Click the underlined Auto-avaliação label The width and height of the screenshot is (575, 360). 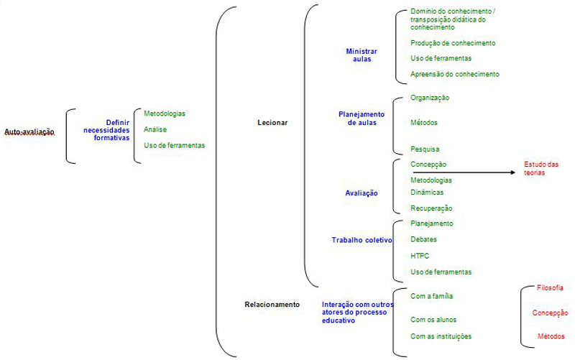[29, 132]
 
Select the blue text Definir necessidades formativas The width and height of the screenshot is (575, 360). [106, 130]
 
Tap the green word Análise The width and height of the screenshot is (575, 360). [155, 129]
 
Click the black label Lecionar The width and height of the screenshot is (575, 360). [272, 123]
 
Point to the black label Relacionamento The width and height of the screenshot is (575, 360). [272, 304]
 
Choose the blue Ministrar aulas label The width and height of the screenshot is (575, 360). [362, 55]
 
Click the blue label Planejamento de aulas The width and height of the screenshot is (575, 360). [362, 119]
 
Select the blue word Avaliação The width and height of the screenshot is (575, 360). [362, 193]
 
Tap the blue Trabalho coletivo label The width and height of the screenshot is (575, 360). [362, 240]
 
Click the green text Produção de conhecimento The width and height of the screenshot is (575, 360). [453, 43]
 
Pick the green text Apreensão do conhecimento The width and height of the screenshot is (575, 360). [455, 74]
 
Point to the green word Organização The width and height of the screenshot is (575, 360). [430, 98]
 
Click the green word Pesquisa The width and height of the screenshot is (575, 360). [425, 149]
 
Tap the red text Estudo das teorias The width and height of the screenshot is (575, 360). [541, 168]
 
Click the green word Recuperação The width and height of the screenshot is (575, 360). [431, 208]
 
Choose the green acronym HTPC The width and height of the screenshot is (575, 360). [420, 256]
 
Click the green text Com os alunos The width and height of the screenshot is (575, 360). [433, 320]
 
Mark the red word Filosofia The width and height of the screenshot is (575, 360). [550, 287]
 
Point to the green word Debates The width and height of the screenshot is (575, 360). [423, 239]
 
